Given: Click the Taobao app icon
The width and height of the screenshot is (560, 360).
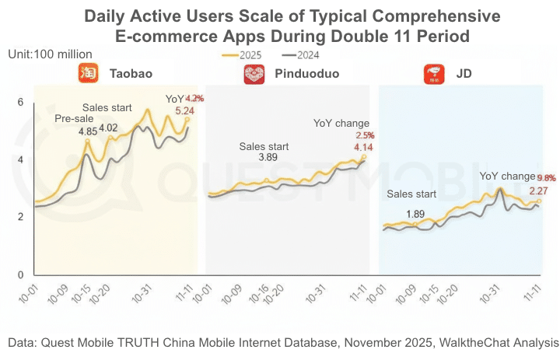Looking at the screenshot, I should [x=86, y=74].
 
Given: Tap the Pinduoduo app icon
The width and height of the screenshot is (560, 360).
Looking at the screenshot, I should [x=254, y=75].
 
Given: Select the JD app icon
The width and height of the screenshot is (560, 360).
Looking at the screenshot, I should [x=432, y=75].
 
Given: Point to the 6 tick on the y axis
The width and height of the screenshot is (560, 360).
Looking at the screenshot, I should [x=21, y=102].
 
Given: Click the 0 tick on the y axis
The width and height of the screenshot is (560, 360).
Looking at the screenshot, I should [x=21, y=274].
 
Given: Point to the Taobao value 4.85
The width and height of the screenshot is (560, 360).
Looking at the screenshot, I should [x=88, y=131].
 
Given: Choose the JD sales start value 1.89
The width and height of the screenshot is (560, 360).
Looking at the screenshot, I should [x=416, y=214].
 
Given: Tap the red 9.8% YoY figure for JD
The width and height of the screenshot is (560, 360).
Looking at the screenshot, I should [x=546, y=177].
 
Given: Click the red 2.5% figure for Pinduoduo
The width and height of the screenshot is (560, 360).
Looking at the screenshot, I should [x=365, y=135].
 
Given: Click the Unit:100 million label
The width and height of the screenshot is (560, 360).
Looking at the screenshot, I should [x=51, y=54].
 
